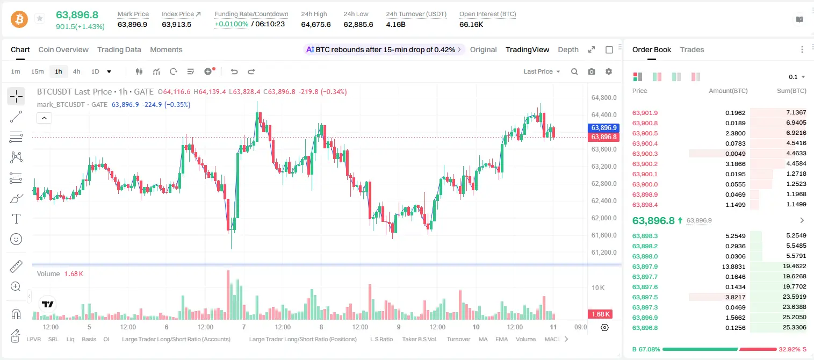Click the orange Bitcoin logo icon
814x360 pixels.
click(x=19, y=19)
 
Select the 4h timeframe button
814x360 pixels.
click(x=76, y=71)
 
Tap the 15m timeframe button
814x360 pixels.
click(x=37, y=71)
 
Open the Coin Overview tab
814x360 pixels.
click(x=63, y=49)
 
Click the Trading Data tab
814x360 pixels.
click(x=119, y=49)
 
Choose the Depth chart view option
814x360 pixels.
click(x=568, y=49)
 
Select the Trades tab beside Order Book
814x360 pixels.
click(x=692, y=49)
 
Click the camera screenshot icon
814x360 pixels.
click(x=592, y=71)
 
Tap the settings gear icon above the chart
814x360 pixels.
click(x=609, y=71)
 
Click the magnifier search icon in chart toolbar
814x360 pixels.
click(x=574, y=71)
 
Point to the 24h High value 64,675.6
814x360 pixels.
click(x=316, y=24)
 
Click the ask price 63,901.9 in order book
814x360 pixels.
click(x=645, y=113)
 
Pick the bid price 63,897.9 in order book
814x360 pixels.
click(x=645, y=267)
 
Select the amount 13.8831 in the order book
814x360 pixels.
click(x=733, y=267)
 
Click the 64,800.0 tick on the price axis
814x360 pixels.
click(x=604, y=98)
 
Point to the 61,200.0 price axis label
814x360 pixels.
click(x=604, y=253)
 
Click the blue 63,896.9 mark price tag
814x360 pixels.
click(x=603, y=128)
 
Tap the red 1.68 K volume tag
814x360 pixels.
click(x=600, y=314)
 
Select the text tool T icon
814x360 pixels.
click(x=16, y=219)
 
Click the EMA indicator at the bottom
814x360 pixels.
click(x=501, y=339)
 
